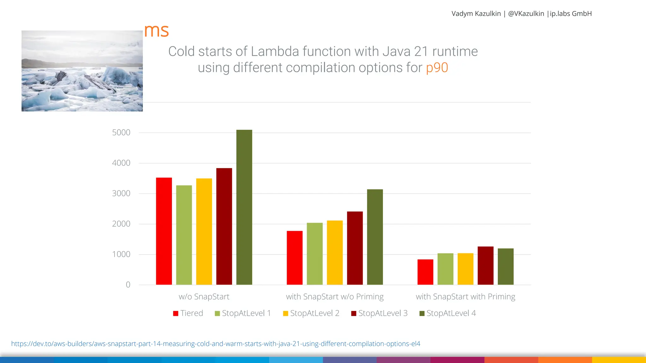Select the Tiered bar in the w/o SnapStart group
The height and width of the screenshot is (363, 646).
tap(164, 231)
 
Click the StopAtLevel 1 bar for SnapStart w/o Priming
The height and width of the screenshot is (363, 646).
tap(314, 254)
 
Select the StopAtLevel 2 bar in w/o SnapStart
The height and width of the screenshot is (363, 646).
tap(204, 232)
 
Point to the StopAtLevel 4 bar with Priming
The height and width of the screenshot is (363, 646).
tap(506, 267)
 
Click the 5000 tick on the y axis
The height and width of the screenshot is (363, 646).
tap(121, 133)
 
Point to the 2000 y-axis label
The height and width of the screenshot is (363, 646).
tap(121, 224)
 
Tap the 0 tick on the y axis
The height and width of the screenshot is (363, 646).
tap(128, 285)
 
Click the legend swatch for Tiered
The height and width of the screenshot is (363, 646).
tap(176, 314)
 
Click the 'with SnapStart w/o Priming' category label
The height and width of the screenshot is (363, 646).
tap(335, 297)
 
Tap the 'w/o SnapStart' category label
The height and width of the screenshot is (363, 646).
tap(204, 297)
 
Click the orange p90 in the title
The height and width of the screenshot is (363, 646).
tap(437, 68)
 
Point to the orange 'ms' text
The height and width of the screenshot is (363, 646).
tap(156, 31)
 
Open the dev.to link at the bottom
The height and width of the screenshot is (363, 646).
tap(215, 344)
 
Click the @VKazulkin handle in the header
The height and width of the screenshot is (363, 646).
tap(526, 14)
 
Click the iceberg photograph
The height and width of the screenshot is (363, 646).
tap(82, 71)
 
